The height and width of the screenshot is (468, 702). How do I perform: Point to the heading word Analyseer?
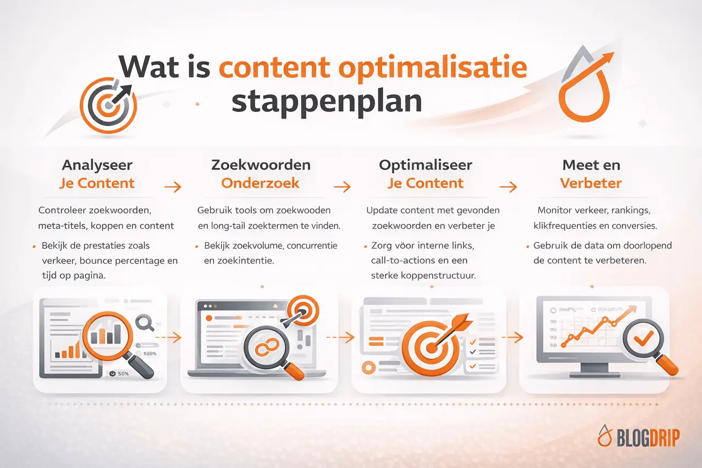(97, 165)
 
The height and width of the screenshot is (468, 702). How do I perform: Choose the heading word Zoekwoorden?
(261, 165)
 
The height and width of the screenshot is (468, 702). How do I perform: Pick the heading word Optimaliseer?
(426, 165)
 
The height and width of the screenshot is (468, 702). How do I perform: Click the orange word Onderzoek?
(261, 183)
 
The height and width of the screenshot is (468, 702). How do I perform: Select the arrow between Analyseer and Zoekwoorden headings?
(173, 187)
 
